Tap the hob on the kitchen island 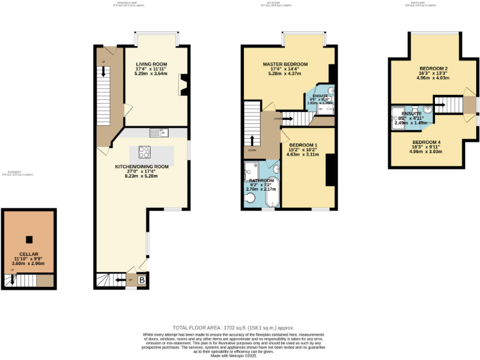pos(144,152)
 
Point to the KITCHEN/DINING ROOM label pos(142,167)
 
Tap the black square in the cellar pos(29,239)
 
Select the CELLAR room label pos(29,254)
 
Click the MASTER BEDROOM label pos(284,64)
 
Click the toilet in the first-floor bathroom pos(250,199)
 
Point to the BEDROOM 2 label pos(432,69)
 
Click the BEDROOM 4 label pos(425,142)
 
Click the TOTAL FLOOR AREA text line pos(233,327)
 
